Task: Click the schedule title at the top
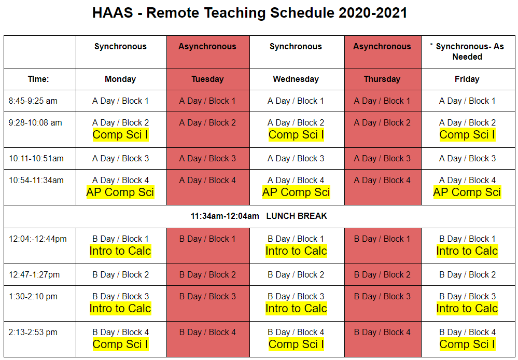click(250, 13)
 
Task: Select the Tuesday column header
click(207, 79)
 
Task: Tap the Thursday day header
click(382, 79)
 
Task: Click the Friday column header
click(467, 79)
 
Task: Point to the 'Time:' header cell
click(38, 79)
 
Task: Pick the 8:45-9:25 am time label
click(33, 101)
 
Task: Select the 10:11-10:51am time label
click(36, 158)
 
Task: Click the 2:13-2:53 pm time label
click(33, 332)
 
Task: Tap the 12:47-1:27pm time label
click(34, 275)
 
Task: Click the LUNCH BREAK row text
click(297, 216)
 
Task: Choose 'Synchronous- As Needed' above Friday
click(467, 51)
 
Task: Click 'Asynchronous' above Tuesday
click(207, 46)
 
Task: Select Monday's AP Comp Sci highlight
click(120, 192)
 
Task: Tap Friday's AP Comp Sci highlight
click(467, 192)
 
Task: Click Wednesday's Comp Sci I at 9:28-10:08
click(296, 135)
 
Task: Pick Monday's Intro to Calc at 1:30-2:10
click(120, 309)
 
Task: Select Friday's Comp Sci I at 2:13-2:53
click(467, 344)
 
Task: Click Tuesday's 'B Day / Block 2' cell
click(207, 275)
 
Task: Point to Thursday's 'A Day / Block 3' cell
click(382, 158)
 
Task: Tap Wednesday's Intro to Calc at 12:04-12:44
click(296, 251)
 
